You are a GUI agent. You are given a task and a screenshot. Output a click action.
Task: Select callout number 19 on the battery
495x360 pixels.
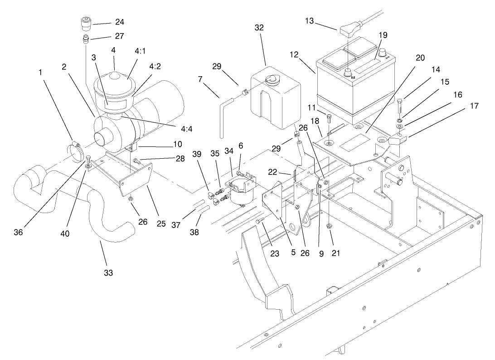[383, 34]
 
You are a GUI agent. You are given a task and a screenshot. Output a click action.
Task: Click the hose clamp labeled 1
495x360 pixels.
[76, 150]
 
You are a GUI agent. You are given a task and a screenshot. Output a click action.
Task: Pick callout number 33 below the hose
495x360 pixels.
[108, 272]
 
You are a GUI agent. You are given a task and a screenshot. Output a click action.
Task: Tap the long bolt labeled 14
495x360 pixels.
[400, 107]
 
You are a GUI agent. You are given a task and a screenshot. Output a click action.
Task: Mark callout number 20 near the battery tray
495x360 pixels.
[420, 58]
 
